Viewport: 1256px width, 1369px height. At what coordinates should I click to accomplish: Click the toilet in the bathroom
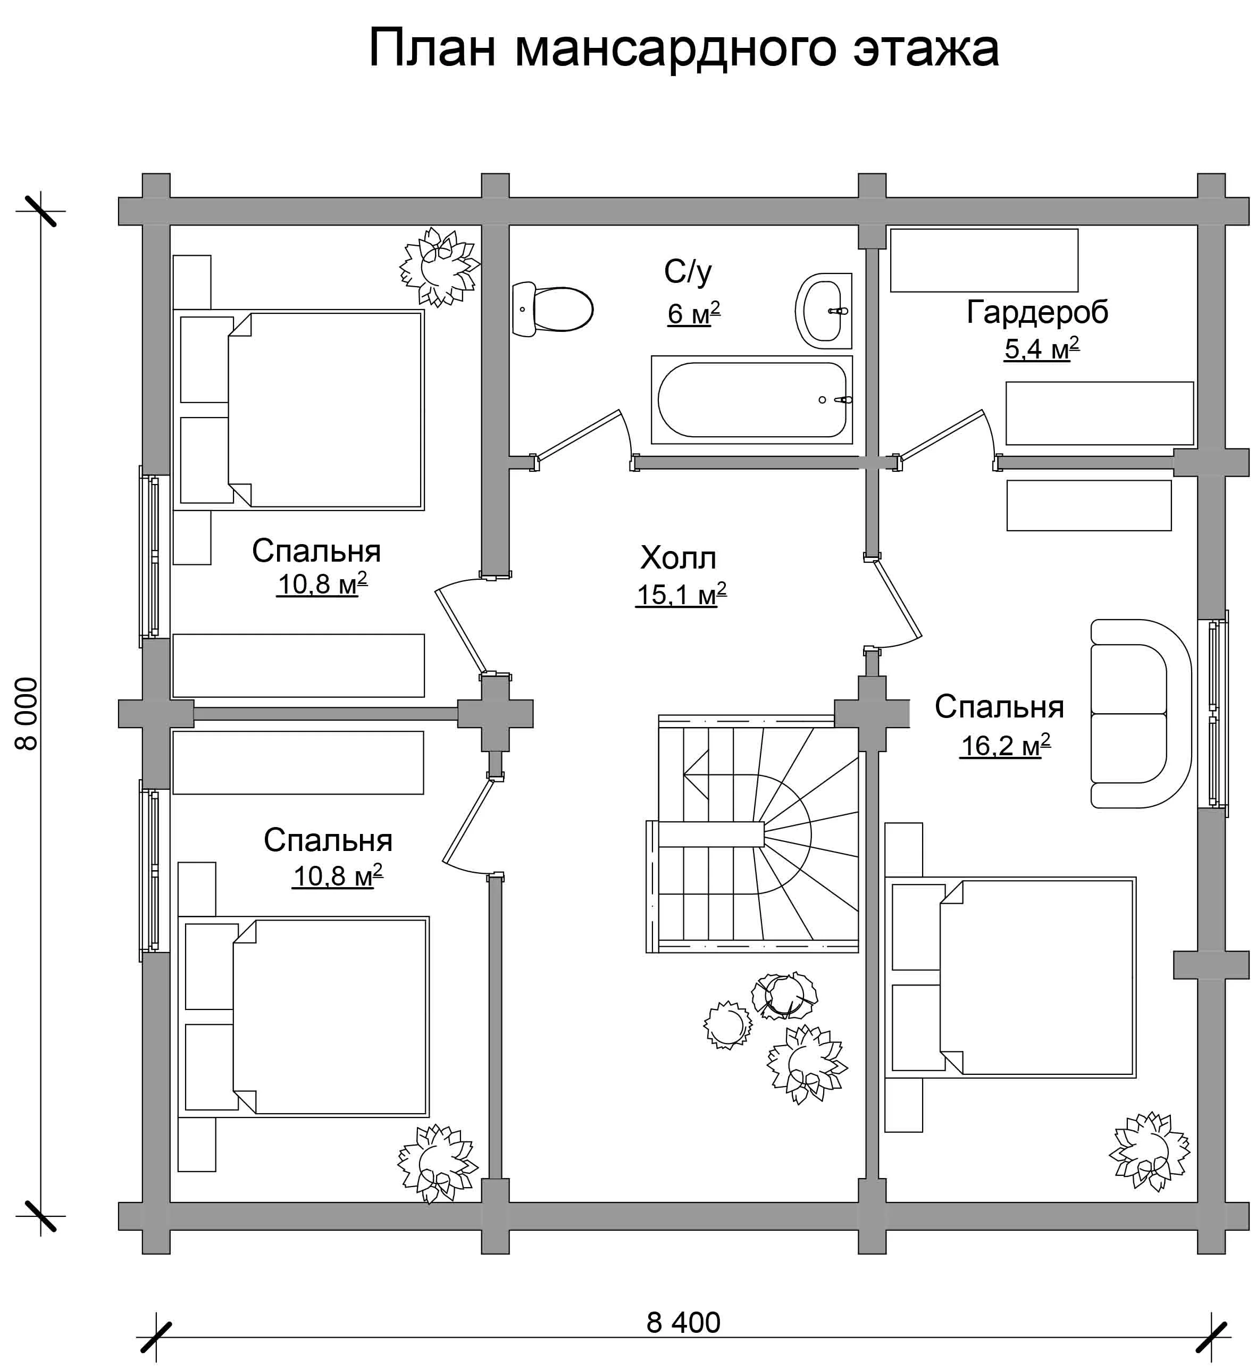point(552,310)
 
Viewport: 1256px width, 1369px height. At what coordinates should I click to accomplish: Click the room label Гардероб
point(1037,312)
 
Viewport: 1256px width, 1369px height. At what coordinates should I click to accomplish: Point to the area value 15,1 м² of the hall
point(681,594)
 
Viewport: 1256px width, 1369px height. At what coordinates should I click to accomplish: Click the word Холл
point(679,558)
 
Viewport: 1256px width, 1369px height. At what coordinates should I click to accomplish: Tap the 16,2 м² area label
point(1005,746)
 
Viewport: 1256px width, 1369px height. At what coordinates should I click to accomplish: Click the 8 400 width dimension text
point(683,1323)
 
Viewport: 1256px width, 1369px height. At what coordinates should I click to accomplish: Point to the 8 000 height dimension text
point(27,714)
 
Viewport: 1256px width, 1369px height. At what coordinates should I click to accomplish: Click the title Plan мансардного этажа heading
point(683,48)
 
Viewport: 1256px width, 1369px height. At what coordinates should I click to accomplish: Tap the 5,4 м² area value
point(1041,349)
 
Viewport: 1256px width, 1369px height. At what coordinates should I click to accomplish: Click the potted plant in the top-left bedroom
point(440,266)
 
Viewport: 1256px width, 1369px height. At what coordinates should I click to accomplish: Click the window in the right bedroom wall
point(1219,713)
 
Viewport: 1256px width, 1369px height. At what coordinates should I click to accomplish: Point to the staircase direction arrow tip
point(684,773)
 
